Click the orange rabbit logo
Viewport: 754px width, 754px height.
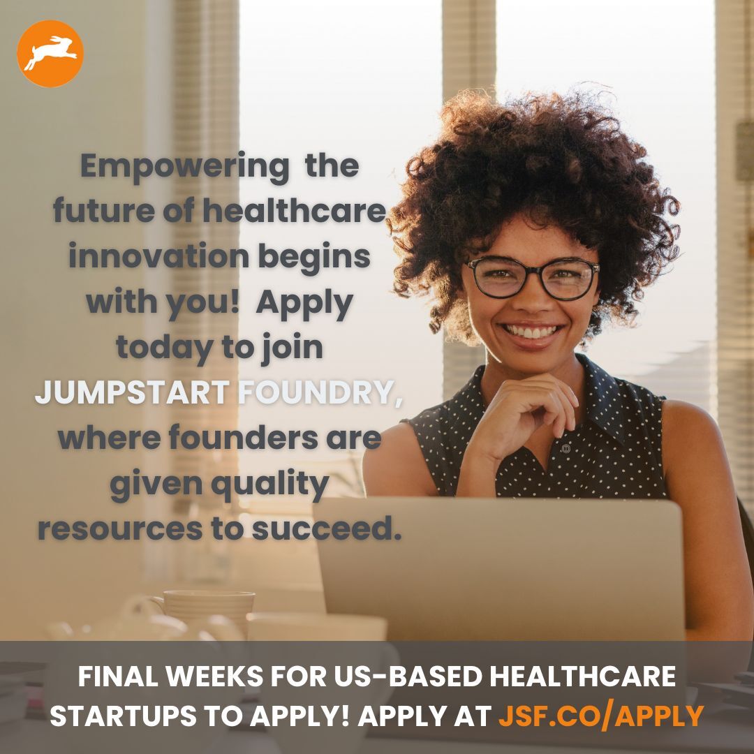click(50, 54)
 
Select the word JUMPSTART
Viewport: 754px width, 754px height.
click(132, 393)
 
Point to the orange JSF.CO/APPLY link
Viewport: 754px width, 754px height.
click(600, 716)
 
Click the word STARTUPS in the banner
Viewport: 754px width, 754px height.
click(114, 716)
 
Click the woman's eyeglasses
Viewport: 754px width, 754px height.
click(533, 277)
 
